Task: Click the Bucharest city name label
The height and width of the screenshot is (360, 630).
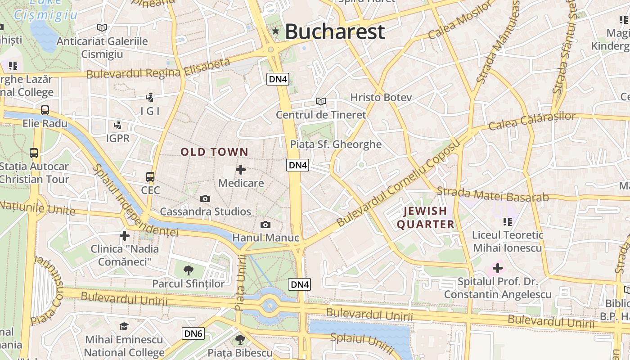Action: tap(335, 31)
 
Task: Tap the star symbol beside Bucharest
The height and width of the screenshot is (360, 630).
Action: tap(275, 31)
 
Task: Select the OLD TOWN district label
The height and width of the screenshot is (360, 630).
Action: tap(214, 152)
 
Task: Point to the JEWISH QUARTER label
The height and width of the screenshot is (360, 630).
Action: tap(425, 217)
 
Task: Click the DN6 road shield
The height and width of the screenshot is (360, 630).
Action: tap(193, 333)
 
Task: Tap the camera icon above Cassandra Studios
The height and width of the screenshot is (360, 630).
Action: tap(205, 198)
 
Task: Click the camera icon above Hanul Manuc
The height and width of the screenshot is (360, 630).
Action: tap(265, 225)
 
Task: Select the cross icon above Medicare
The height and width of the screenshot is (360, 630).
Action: tap(241, 170)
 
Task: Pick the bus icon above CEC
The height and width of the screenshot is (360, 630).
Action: tap(150, 177)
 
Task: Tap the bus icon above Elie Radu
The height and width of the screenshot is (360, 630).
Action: tap(45, 110)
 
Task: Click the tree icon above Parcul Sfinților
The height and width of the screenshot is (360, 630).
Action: tap(188, 270)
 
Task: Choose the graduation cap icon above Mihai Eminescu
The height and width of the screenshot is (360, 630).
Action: tap(124, 326)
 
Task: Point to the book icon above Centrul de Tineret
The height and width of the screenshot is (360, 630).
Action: tap(320, 101)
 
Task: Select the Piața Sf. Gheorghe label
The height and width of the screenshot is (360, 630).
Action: tap(336, 144)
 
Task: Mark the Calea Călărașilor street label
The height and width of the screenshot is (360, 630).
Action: tap(531, 120)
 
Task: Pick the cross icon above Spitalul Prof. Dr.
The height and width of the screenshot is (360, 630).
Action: tap(497, 269)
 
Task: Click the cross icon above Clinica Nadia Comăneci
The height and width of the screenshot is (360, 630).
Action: tap(125, 235)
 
